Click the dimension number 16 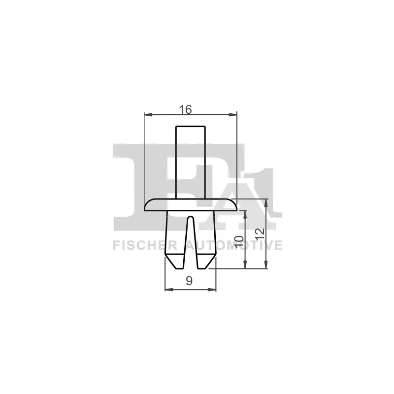coord(185,109)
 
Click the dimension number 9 coord(189,281)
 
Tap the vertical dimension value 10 coord(239,242)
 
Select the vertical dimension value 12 coord(260,234)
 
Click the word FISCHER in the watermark coord(145,245)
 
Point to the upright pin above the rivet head coord(191,162)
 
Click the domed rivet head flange coord(191,204)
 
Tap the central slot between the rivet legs coord(191,241)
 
